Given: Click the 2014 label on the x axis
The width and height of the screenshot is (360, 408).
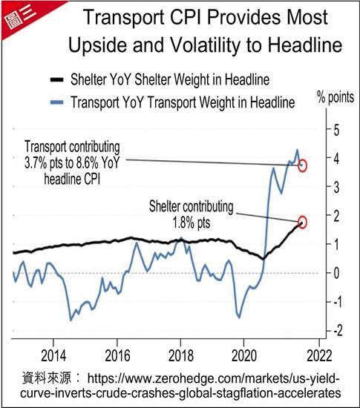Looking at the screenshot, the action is (x=53, y=355).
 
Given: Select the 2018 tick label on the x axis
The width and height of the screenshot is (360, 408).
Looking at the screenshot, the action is (x=180, y=355).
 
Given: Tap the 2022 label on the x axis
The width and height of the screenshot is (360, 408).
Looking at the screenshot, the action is (x=319, y=355).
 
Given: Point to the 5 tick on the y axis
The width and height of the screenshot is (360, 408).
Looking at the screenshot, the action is (x=336, y=130).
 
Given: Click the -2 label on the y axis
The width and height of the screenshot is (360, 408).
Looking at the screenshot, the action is (x=338, y=331).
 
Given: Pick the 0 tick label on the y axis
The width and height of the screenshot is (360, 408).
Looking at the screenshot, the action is (x=336, y=273).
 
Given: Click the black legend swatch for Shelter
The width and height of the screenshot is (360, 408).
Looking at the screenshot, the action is (x=56, y=79).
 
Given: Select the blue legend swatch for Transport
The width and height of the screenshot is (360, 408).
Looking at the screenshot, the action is (x=56, y=102).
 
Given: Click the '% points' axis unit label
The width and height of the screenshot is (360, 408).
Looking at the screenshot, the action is (x=336, y=98).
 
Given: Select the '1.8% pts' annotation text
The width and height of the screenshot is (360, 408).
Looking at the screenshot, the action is (x=192, y=223).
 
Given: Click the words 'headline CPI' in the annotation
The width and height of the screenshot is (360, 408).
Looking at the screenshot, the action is (x=72, y=179).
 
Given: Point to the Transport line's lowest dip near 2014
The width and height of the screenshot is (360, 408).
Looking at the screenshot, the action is (x=71, y=320).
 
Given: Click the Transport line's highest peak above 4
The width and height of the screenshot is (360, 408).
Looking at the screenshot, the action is (x=297, y=150).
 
